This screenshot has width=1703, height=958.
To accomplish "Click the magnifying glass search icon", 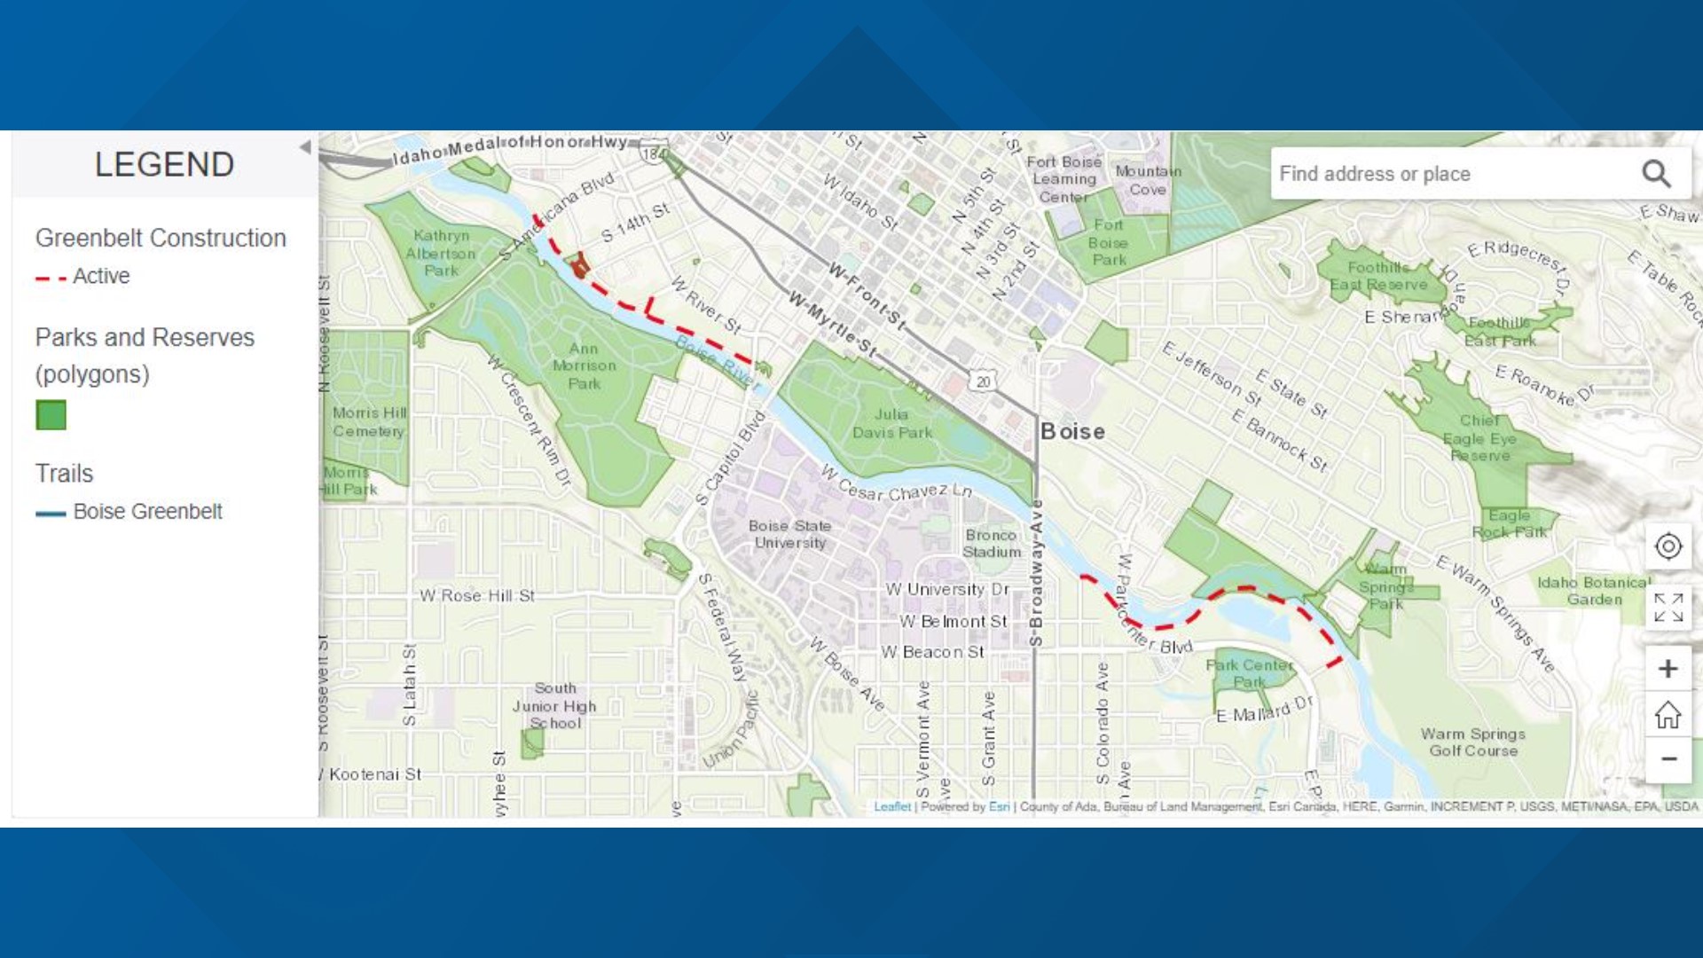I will click(x=1656, y=174).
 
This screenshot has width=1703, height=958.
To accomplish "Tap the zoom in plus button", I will click(x=1668, y=669).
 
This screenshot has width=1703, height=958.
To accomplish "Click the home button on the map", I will click(x=1668, y=714).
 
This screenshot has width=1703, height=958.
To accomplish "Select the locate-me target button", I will click(x=1668, y=546).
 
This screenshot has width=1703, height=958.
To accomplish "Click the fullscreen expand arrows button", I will click(x=1668, y=608).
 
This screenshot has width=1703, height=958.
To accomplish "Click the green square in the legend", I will click(x=51, y=415).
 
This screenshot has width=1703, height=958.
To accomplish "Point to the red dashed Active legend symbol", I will click(x=51, y=279).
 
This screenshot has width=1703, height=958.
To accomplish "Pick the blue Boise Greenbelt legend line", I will click(x=51, y=514).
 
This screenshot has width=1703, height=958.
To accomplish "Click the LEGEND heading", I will click(x=164, y=165).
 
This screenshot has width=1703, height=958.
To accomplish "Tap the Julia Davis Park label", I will click(x=891, y=424).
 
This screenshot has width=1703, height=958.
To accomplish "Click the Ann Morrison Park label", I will click(x=584, y=366).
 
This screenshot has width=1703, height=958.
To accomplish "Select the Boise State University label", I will click(x=789, y=535).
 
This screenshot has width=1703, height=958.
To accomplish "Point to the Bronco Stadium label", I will click(x=991, y=544).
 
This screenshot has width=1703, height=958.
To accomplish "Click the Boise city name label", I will click(x=1072, y=432).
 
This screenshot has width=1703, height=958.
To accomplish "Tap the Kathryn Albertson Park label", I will click(x=441, y=254).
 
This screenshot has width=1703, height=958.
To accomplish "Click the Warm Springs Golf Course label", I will click(x=1473, y=742).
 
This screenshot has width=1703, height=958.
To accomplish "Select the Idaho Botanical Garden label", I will click(x=1594, y=591).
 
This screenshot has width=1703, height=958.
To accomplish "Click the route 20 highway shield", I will click(x=983, y=381).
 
